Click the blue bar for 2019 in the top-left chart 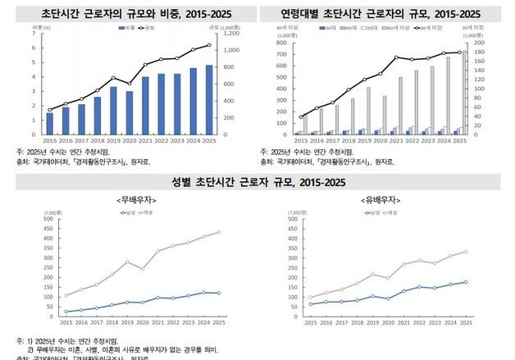tap(113, 111)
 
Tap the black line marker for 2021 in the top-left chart tap(145, 64)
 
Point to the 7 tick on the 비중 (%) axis tap(34, 34)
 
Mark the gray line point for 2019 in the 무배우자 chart tap(128, 262)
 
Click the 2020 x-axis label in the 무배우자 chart tap(143, 323)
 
